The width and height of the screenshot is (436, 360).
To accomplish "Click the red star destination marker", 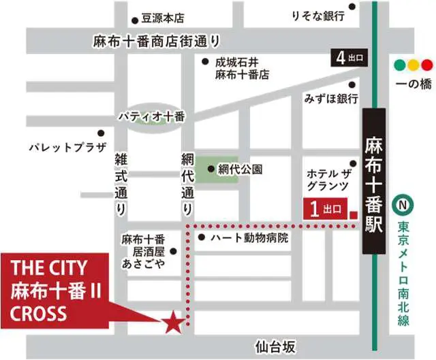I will [173, 321].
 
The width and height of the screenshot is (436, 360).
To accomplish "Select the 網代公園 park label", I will [240, 169].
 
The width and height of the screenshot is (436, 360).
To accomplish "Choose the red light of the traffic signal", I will [427, 66].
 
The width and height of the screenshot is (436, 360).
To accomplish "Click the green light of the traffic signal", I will [399, 66].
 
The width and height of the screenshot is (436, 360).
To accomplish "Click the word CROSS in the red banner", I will [40, 312].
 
